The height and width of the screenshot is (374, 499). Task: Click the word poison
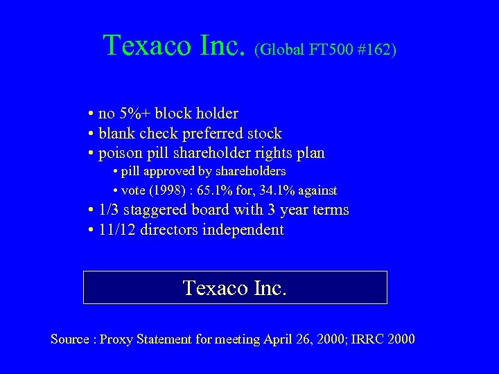[x=120, y=153]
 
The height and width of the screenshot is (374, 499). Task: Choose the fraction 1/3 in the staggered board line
[x=109, y=210]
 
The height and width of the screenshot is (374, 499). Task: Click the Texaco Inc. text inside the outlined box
[x=235, y=287]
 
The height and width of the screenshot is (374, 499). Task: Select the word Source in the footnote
[x=70, y=339]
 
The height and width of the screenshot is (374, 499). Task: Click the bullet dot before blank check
[x=91, y=134]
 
